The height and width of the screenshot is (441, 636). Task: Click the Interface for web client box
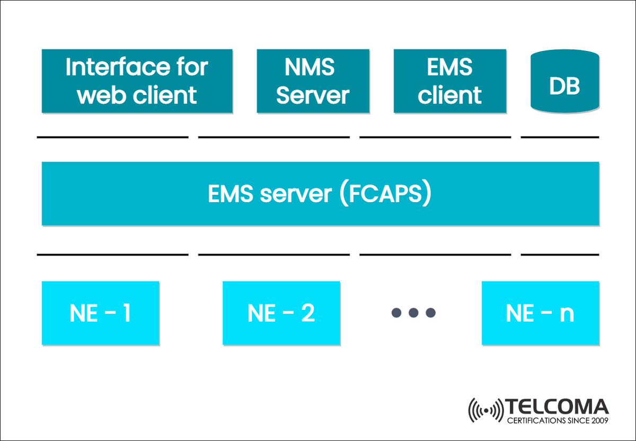(137, 81)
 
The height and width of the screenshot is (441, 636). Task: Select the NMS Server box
(312, 81)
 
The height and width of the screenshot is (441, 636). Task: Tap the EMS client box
(449, 81)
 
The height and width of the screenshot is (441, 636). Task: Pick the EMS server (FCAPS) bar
(320, 194)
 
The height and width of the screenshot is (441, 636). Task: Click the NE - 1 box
(100, 313)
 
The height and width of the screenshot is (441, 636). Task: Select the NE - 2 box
(281, 313)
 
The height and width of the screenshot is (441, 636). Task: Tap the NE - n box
(540, 313)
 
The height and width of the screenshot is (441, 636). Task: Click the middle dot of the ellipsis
(413, 313)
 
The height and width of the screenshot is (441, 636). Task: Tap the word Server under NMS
(312, 96)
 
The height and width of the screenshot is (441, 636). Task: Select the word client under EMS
(449, 96)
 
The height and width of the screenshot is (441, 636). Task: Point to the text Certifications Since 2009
(557, 421)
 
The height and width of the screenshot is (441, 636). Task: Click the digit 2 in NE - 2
(307, 313)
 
